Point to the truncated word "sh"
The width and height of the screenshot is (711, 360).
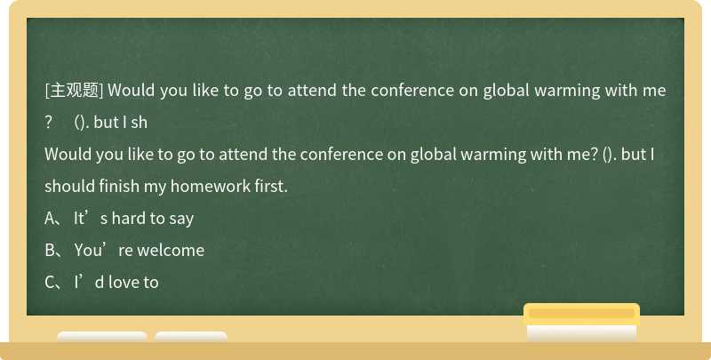[138, 123]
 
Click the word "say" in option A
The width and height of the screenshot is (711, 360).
[180, 219]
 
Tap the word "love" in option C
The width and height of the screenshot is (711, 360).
[122, 283]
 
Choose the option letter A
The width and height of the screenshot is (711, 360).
[50, 219]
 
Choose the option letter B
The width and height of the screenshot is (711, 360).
[50, 251]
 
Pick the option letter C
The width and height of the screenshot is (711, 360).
[50, 283]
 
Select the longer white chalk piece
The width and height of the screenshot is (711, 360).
[102, 337]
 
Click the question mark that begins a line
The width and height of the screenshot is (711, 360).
[49, 123]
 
